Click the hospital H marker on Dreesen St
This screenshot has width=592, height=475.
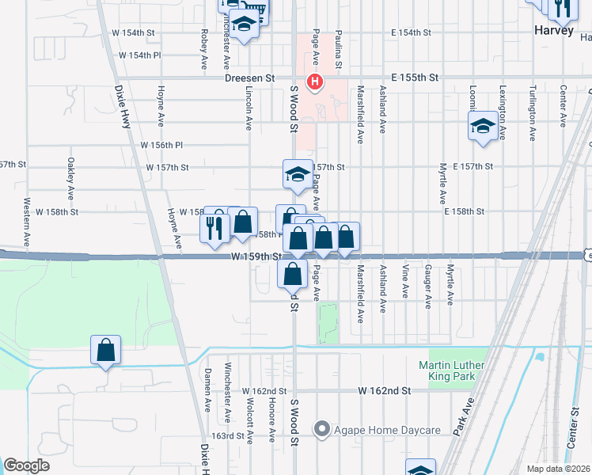click(315, 82)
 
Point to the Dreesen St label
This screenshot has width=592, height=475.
click(249, 78)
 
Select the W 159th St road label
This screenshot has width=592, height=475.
click(256, 256)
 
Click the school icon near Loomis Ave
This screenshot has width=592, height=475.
click(483, 127)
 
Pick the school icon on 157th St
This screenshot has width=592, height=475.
click(297, 174)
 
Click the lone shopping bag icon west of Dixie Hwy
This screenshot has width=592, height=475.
click(105, 350)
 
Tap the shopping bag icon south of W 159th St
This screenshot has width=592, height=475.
click(293, 275)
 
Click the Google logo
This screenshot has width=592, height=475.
click(26, 465)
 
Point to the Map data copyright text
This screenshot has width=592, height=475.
click(558, 469)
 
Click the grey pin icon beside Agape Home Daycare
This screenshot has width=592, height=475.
click(321, 431)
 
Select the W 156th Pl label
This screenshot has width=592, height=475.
click(161, 145)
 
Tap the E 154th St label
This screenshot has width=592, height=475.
click(411, 33)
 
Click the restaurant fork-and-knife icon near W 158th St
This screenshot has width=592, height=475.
click(214, 228)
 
